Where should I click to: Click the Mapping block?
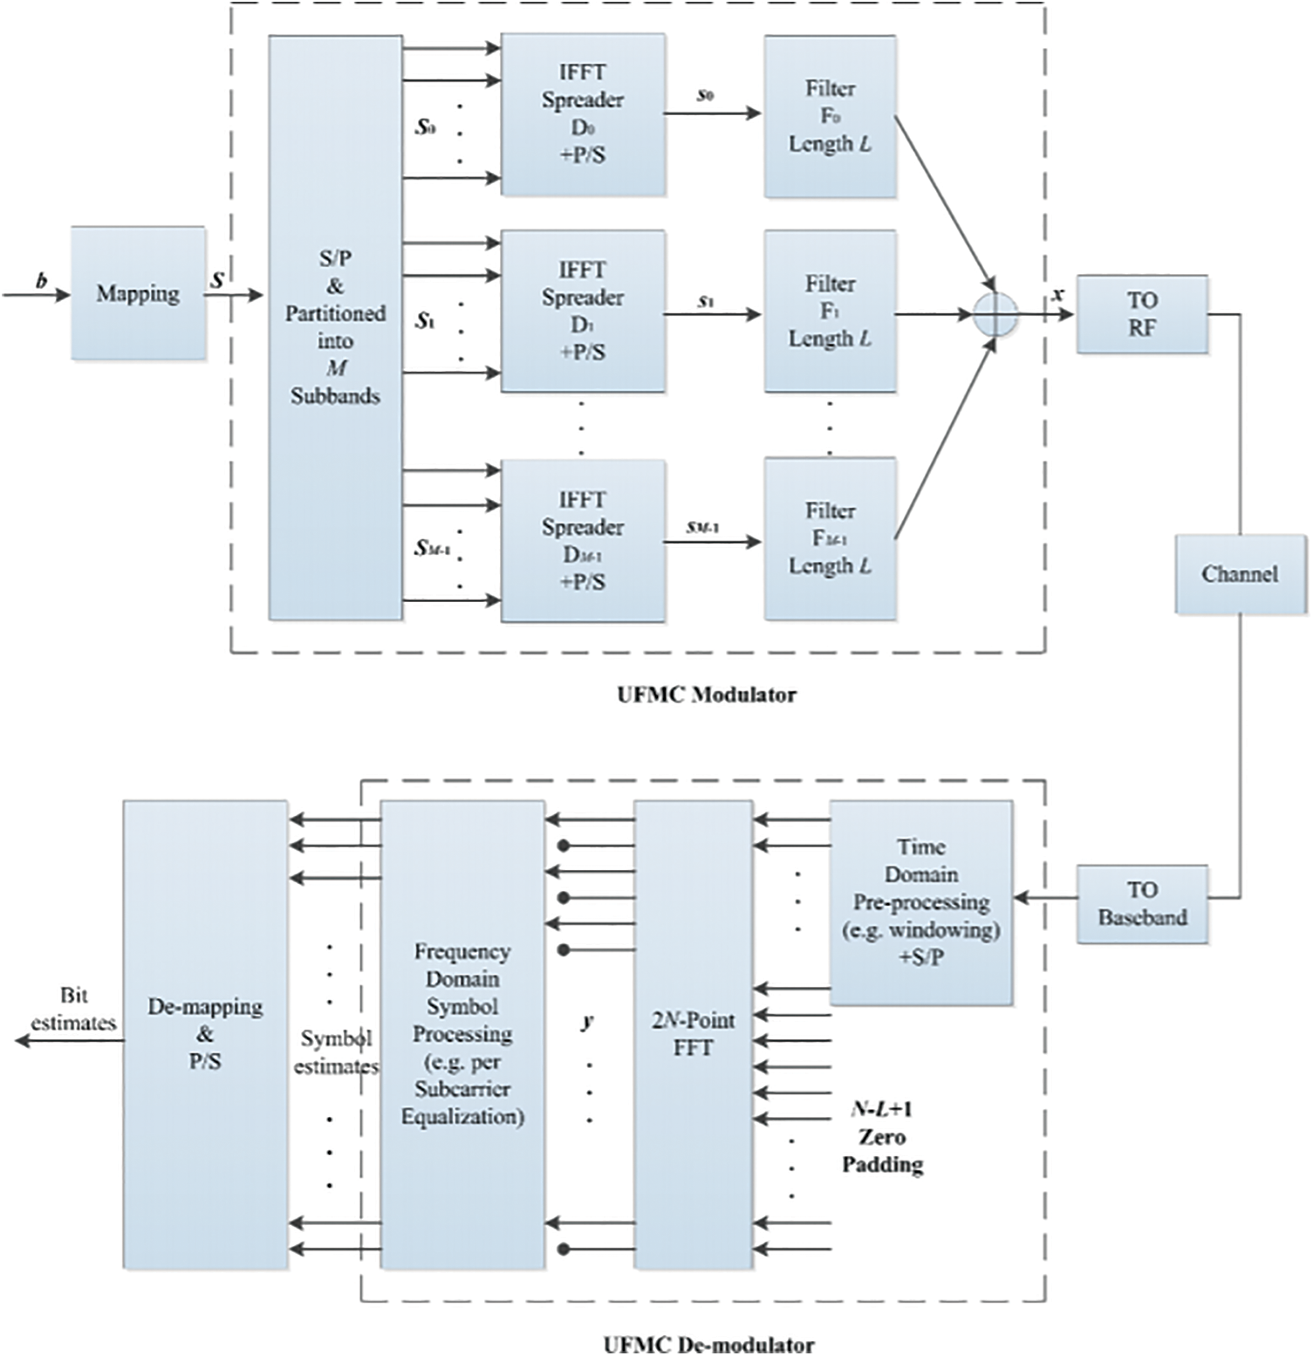[x=138, y=293]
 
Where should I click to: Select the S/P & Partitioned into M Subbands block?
[x=335, y=327]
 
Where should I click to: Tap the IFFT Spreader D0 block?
[x=583, y=114]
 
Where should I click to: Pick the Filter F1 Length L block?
[x=830, y=311]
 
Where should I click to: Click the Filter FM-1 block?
[x=830, y=538]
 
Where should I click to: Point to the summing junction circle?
[x=995, y=314]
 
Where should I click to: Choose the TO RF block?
[x=1141, y=314]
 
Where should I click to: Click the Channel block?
[x=1240, y=574]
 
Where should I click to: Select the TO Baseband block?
[x=1141, y=903]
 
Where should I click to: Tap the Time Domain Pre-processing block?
[x=920, y=901]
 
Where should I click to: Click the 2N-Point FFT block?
[x=693, y=1034]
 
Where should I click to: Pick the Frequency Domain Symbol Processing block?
[x=462, y=1034]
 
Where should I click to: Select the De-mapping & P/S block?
[x=205, y=1034]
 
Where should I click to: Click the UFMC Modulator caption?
[x=707, y=695]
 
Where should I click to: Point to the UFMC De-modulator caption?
[x=708, y=1344]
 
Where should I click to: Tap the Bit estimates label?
[x=73, y=1009]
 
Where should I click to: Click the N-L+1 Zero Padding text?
[x=882, y=1137]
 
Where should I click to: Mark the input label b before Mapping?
[x=41, y=281]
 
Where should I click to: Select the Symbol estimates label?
[x=336, y=1052]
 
